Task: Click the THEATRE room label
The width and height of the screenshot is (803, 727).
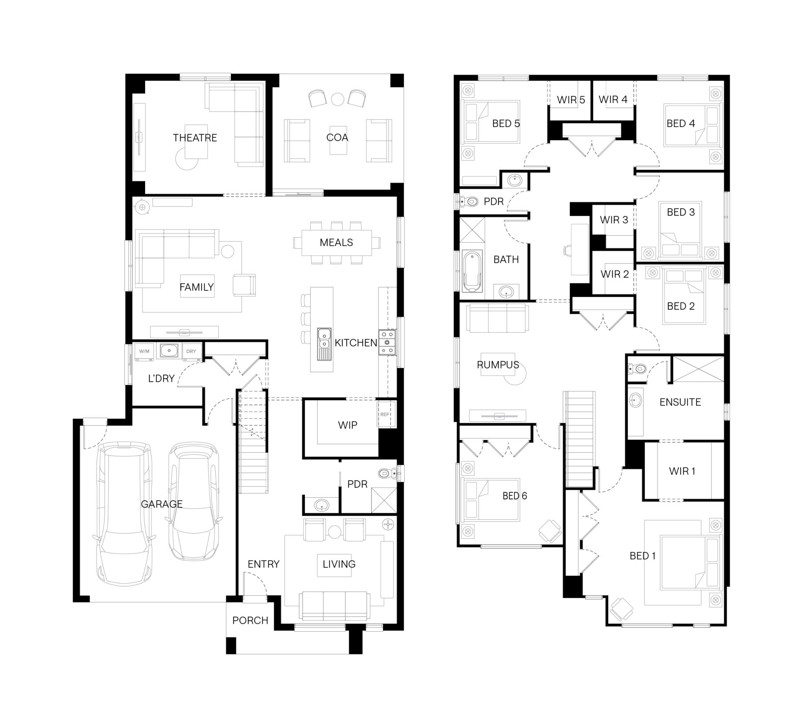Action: [195, 138]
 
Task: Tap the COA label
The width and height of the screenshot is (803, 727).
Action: [337, 137]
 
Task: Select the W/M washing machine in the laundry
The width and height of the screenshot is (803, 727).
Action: [144, 351]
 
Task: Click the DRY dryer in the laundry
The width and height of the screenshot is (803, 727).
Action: [191, 351]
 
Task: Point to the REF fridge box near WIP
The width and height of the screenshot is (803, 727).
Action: [385, 414]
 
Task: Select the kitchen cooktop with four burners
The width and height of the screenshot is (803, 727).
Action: [387, 342]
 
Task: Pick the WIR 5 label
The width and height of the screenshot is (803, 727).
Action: [571, 100]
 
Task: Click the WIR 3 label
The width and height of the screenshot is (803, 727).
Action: [614, 220]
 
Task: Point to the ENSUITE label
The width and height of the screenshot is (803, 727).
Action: [680, 402]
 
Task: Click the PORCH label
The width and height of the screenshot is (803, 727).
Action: [250, 620]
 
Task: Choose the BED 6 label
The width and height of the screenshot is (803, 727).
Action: [514, 496]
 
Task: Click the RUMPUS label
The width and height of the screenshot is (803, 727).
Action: [498, 365]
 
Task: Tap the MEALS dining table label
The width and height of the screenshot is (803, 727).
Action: [336, 242]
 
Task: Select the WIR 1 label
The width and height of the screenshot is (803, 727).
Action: [682, 471]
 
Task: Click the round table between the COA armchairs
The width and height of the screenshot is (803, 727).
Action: [337, 99]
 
